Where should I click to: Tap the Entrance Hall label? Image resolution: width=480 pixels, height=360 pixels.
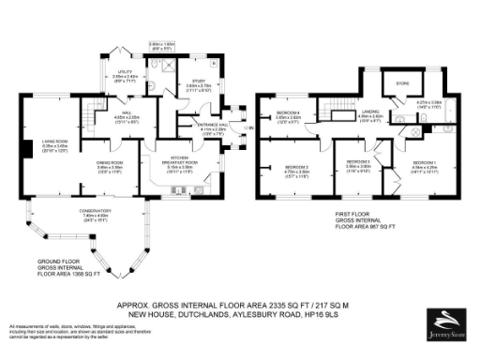tap(212, 126)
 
